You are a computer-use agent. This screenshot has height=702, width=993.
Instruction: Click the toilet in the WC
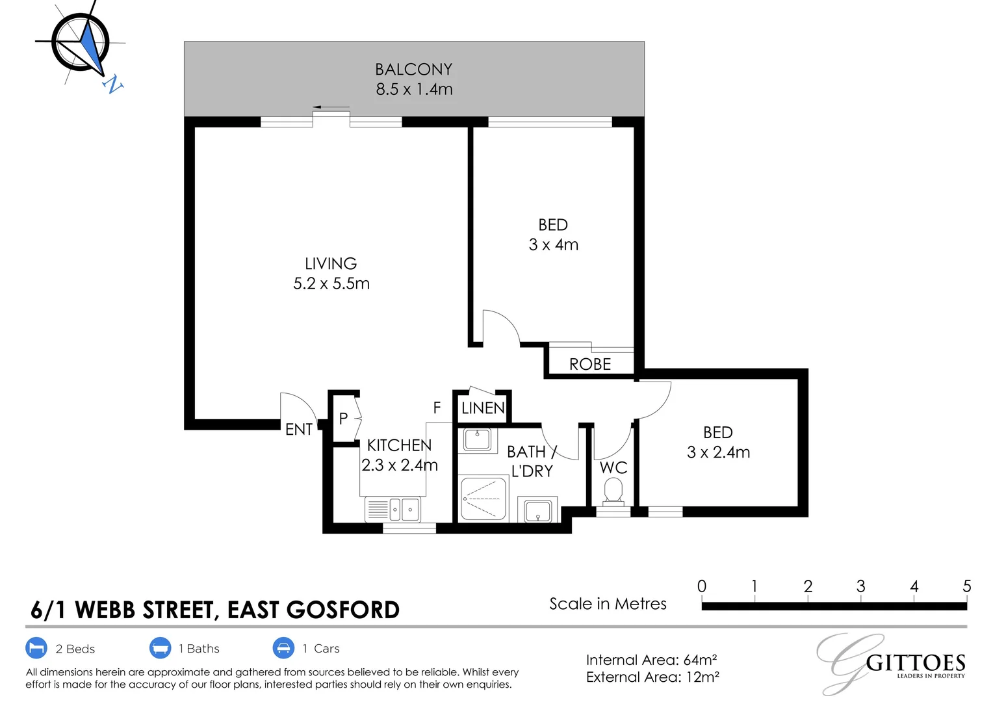coord(613,491)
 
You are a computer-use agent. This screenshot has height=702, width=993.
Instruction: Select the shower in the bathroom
coord(483,499)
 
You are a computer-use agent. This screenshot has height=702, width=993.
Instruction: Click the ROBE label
coord(590,365)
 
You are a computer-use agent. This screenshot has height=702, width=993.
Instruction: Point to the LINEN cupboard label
coord(483,408)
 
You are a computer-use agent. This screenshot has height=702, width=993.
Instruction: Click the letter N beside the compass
coord(113,84)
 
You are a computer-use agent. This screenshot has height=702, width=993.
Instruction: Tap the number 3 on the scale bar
coord(860,586)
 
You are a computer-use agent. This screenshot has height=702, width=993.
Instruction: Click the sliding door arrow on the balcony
coord(330,107)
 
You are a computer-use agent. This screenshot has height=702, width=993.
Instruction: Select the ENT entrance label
coord(299,429)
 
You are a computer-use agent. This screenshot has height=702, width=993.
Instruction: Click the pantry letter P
coord(343,419)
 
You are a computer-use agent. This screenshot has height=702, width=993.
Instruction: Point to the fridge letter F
coord(437,408)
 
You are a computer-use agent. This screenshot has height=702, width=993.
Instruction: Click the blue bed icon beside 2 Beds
coord(36,648)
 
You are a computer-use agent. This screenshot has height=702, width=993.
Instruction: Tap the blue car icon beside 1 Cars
coord(283,648)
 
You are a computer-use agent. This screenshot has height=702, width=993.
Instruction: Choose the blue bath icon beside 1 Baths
coord(160,648)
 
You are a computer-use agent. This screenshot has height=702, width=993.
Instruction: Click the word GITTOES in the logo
coord(916,663)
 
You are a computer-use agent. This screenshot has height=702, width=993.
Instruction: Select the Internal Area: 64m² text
coord(651,660)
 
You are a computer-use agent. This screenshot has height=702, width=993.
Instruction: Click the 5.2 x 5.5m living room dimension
coord(331,283)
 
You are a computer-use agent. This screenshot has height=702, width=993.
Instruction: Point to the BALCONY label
coord(414,70)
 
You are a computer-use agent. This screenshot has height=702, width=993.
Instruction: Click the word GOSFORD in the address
coord(343,610)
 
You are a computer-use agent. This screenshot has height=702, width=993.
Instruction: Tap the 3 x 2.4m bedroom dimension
coord(718,452)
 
